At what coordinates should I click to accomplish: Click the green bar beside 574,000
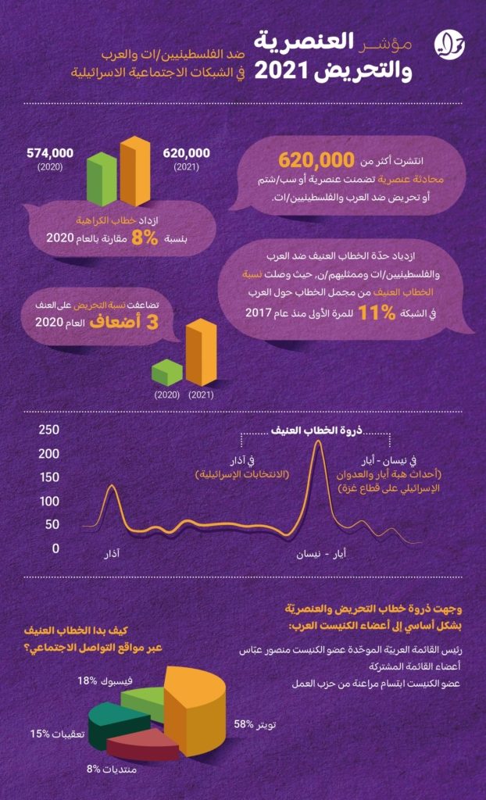click(x=102, y=179)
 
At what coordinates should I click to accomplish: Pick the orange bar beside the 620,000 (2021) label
click(x=135, y=171)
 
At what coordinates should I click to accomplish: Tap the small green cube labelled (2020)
click(x=167, y=373)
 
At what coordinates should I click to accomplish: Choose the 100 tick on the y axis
click(x=49, y=501)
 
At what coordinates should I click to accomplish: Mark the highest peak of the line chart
click(x=317, y=441)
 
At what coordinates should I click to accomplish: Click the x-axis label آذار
click(x=111, y=554)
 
